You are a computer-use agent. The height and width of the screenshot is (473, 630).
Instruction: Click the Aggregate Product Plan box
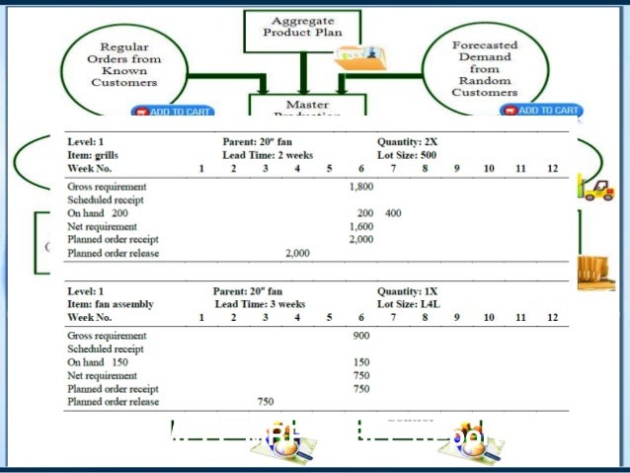click(302, 27)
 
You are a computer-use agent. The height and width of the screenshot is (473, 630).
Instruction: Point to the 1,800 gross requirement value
click(360, 185)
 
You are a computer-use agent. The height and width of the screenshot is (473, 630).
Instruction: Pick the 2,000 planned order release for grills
click(297, 254)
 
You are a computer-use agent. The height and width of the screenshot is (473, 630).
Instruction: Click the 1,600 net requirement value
click(360, 226)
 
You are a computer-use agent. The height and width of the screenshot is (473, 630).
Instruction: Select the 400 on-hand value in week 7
click(393, 212)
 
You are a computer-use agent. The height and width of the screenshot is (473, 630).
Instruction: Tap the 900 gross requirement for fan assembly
click(360, 336)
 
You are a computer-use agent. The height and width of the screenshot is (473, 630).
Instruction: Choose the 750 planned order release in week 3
click(266, 402)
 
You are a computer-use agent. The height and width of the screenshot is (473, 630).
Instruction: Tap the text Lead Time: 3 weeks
click(260, 304)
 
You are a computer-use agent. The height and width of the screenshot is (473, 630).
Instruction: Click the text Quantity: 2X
click(407, 142)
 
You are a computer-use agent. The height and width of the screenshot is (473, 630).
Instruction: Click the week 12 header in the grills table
click(552, 169)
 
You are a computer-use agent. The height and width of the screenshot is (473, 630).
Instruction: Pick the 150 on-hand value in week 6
click(360, 362)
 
